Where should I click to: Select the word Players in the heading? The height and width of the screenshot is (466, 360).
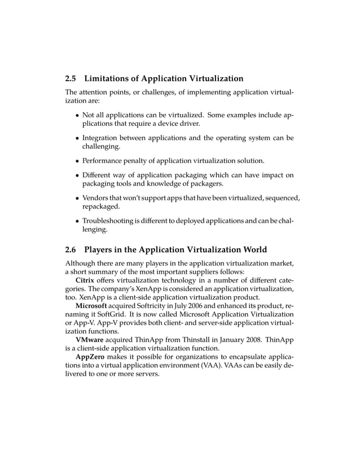pyautogui.click(x=103, y=249)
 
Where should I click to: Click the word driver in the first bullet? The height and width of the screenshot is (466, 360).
pyautogui.click(x=187, y=123)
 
